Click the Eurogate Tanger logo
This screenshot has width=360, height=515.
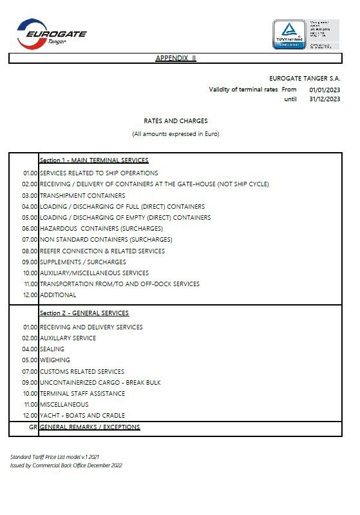[52, 33]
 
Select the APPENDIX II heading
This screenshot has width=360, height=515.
[176, 58]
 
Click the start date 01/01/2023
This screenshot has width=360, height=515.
[325, 90]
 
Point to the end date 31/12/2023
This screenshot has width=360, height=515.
[325, 99]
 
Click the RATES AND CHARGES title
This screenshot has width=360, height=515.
[176, 121]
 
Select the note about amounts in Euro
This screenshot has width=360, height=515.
[176, 134]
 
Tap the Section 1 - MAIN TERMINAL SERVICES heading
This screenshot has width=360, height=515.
[94, 160]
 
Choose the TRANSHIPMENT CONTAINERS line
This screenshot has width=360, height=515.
[82, 195]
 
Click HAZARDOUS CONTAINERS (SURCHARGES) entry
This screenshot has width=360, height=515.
[101, 229]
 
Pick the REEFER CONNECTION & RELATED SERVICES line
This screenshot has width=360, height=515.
[102, 251]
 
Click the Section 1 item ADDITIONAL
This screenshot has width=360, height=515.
[58, 295]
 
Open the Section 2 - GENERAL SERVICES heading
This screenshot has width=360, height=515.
[84, 313]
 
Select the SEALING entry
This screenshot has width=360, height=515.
[52, 349]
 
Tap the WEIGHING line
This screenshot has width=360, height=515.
[55, 360]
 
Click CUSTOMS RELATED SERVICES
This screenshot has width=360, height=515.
[82, 372]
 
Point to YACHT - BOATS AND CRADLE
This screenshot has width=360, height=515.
[82, 416]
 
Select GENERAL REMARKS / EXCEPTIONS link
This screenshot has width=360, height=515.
[90, 427]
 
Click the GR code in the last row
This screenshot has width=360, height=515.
[32, 427]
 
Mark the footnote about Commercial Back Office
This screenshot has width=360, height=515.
[66, 465]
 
